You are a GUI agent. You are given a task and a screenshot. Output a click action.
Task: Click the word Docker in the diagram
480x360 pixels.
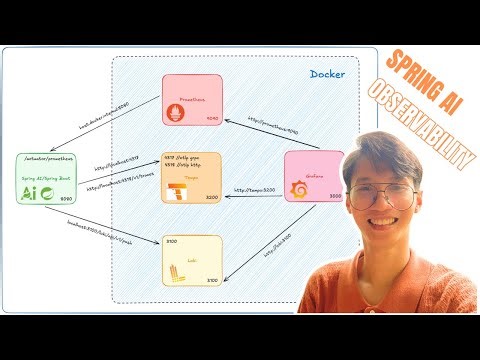[328, 75]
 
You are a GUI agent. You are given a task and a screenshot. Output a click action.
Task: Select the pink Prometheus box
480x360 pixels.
[193, 101]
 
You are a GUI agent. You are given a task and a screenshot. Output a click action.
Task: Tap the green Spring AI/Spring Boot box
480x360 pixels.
[46, 179]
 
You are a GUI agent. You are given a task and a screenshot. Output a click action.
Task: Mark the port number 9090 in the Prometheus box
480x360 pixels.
[212, 117]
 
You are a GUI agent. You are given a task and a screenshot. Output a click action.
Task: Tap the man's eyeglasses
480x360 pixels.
[382, 193]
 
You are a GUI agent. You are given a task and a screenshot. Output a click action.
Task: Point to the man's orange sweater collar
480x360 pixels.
[385, 272]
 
